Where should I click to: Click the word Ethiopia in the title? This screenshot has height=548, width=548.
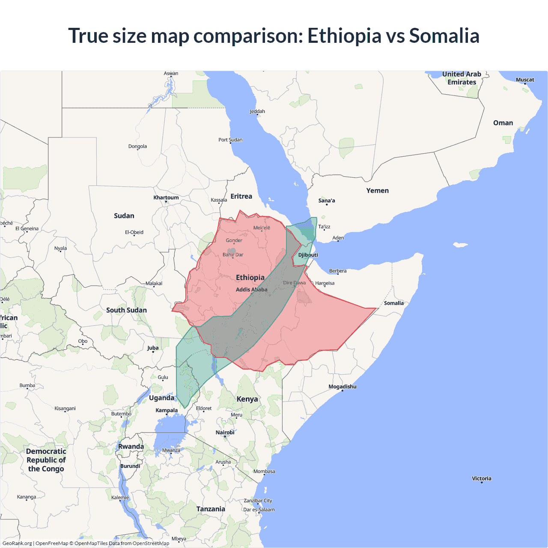pos(344,36)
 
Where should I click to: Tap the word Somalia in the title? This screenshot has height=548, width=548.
pos(444,36)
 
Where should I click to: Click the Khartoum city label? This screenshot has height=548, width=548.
pos(166,197)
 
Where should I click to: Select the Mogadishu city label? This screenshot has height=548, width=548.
pos(342,387)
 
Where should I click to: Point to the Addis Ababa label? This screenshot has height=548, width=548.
pos(251,289)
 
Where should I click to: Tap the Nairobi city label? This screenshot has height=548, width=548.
pos(225,432)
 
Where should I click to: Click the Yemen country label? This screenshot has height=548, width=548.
pos(377,191)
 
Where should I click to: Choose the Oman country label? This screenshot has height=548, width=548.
pos(503,123)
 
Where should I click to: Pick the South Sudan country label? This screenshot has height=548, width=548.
pos(126,310)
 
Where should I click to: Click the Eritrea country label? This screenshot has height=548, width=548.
pos(241,196)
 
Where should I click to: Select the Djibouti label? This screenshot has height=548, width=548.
pos(308,255)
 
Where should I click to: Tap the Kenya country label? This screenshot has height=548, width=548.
pos(247,399)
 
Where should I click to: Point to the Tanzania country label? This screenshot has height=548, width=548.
pos(210,509)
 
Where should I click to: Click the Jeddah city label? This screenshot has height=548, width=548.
pos(257,111)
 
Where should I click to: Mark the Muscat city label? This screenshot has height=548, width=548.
pos(525,80)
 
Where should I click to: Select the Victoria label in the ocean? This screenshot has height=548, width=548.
pos(481,478)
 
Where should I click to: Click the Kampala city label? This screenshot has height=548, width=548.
pos(167,410)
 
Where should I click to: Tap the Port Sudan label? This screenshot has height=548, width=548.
pos(230,140)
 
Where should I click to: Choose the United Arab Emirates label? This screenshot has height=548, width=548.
pos(462,78)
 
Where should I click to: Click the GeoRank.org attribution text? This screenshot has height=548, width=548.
pos(17,543)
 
